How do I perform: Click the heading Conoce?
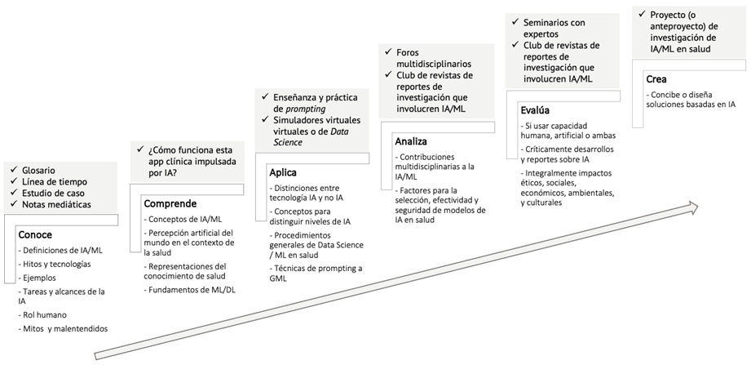click(35, 235)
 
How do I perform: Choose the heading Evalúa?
click(536, 110)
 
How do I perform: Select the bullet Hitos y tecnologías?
click(57, 264)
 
